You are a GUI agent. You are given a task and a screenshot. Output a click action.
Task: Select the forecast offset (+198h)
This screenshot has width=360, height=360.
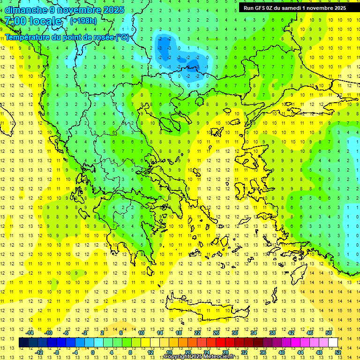tap(83, 21)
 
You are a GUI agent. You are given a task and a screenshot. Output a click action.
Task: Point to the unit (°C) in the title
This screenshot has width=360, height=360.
tap(123, 37)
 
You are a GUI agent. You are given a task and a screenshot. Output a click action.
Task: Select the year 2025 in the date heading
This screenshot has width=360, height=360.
tap(114, 10)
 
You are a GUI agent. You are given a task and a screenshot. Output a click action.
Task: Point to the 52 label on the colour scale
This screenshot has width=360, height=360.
tap(338, 352)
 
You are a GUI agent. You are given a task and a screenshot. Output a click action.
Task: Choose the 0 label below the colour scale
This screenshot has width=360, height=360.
tap(92, 352)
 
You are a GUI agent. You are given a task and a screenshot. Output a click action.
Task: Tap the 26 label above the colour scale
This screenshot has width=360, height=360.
tap(216, 333)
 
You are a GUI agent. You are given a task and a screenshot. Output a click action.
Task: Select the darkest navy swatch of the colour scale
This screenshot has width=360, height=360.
tap(24, 343)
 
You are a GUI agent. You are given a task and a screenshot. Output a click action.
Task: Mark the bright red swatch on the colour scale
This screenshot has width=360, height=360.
tap(221, 343)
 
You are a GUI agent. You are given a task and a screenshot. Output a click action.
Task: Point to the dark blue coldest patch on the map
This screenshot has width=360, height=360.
tap(164, 45)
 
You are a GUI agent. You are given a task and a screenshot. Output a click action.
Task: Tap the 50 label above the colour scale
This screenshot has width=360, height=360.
tap(328, 333)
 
